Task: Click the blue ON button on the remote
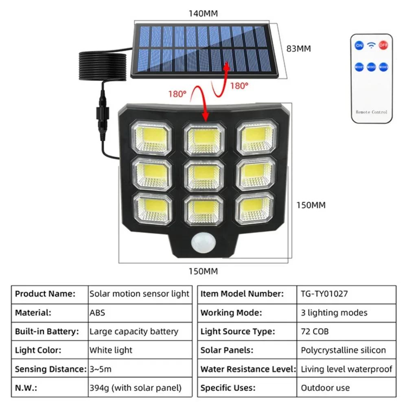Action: click(359, 45)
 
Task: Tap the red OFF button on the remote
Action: click(383, 45)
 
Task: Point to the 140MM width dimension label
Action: click(203, 13)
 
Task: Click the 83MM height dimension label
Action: click(298, 48)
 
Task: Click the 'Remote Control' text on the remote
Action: click(372, 112)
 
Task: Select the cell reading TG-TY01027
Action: click(324, 293)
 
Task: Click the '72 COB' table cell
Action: click(315, 331)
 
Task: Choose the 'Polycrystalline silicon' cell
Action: click(343, 350)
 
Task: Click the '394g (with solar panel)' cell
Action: click(135, 388)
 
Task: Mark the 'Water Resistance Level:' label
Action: click(248, 369)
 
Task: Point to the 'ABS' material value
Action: click(97, 313)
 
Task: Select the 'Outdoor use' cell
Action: click(325, 388)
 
